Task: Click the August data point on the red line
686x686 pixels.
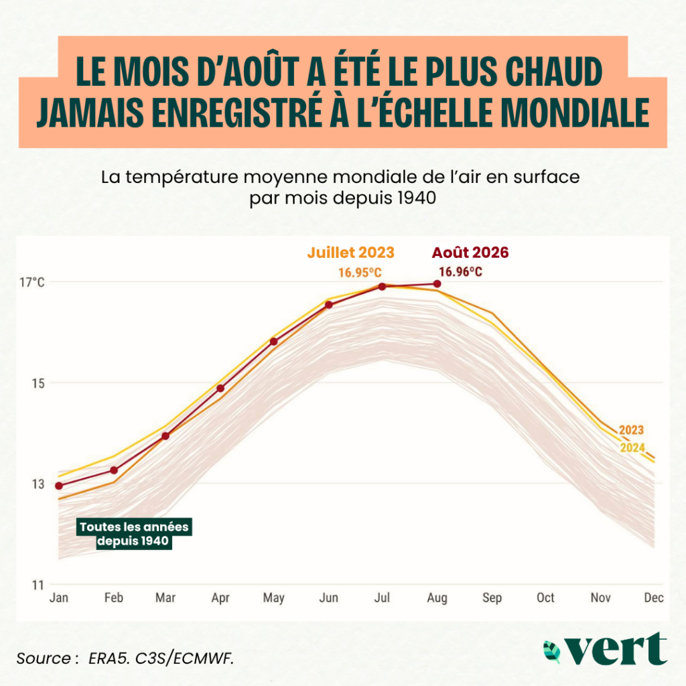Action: (x=437, y=284)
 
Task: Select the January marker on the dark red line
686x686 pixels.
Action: (x=59, y=486)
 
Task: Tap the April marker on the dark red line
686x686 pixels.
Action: (x=220, y=388)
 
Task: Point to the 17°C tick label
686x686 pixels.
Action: (x=32, y=282)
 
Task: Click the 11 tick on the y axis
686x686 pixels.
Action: (x=38, y=585)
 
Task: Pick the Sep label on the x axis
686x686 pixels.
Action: (x=492, y=598)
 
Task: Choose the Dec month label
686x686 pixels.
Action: (x=654, y=597)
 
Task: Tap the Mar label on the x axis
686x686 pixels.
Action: (x=165, y=597)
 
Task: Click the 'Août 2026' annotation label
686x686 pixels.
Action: (x=470, y=253)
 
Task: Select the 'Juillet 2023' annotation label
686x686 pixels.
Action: (x=351, y=253)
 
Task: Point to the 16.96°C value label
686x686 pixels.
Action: (x=461, y=272)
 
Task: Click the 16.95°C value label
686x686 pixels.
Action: (x=360, y=273)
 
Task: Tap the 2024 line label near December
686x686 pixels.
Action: (x=632, y=448)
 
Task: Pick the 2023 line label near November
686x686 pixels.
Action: (x=631, y=430)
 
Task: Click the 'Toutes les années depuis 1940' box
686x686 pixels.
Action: (x=134, y=534)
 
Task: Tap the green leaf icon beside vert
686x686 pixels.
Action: (x=552, y=651)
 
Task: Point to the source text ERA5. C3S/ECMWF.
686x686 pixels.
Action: (x=161, y=659)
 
